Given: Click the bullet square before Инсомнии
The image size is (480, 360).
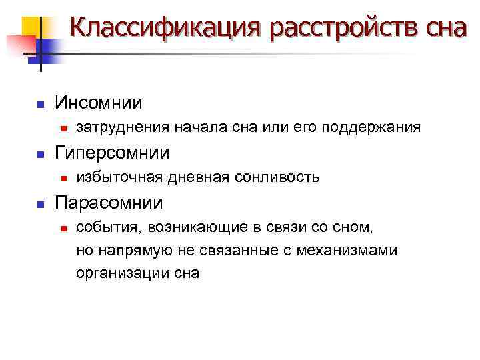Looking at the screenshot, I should click(40, 105).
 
